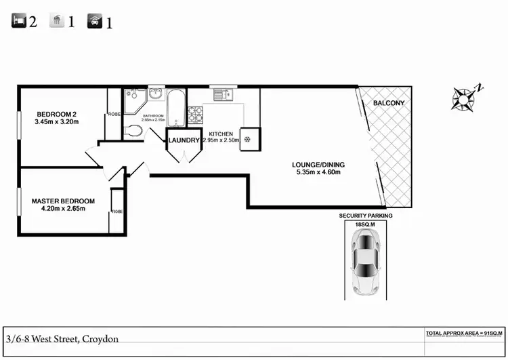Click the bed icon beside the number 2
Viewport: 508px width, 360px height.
click(x=19, y=21)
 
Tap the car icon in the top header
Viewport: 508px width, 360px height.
click(x=94, y=22)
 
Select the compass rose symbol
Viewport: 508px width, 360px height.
click(x=464, y=98)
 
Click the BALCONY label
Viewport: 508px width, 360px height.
click(x=389, y=103)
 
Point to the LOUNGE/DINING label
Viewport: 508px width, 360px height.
click(x=316, y=164)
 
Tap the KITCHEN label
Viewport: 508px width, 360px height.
click(x=221, y=134)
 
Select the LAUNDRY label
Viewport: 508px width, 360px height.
click(x=184, y=140)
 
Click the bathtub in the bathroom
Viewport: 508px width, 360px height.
click(x=176, y=108)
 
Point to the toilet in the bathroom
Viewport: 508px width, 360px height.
click(x=133, y=131)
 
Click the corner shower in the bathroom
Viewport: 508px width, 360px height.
click(x=135, y=100)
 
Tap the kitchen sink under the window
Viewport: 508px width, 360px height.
click(x=222, y=94)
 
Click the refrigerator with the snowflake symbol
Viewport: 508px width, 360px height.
click(x=248, y=138)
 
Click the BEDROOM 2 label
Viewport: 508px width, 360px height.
click(x=58, y=114)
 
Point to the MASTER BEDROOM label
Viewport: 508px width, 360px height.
click(x=63, y=201)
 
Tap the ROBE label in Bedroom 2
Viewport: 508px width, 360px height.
click(x=114, y=115)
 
